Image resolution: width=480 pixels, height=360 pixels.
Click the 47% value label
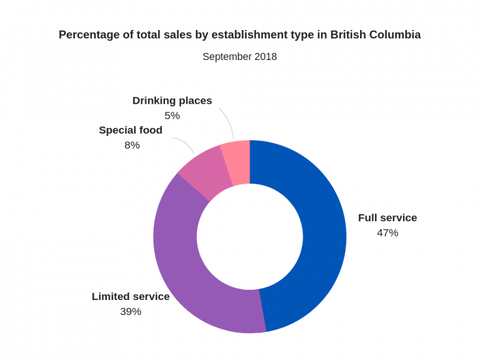tap(387, 233)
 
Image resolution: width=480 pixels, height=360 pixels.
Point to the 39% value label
tap(131, 311)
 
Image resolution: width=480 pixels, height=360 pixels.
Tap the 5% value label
tap(172, 115)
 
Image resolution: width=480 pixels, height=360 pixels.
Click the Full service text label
tap(387, 218)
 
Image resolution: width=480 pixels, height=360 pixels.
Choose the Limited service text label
tap(131, 296)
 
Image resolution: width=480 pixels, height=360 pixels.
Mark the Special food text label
tap(131, 130)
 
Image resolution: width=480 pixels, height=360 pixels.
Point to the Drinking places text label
tap(172, 100)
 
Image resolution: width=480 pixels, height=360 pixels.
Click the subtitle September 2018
tap(239, 57)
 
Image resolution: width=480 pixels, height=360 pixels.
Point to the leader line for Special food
tap(186, 143)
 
